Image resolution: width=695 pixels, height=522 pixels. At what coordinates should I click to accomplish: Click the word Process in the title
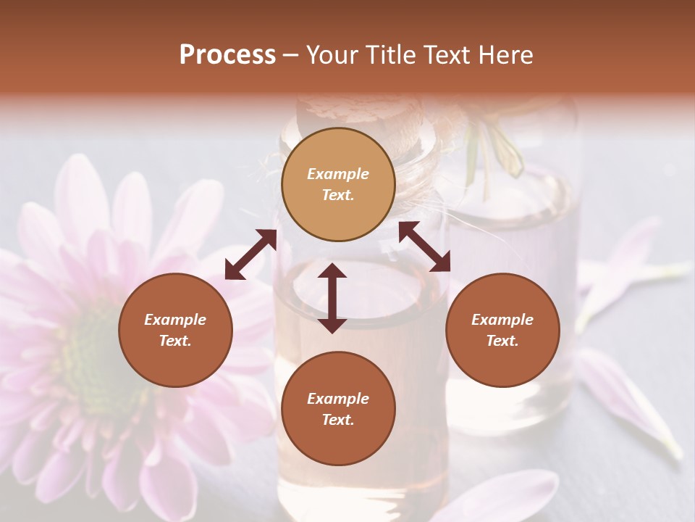click(227, 55)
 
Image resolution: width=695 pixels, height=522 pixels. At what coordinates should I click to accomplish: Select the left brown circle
click(175, 330)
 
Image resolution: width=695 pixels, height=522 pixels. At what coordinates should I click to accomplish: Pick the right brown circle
click(502, 330)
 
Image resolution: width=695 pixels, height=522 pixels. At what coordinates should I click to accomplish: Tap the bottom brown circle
click(338, 409)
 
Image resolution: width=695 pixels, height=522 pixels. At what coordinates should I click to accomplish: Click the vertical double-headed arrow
click(332, 298)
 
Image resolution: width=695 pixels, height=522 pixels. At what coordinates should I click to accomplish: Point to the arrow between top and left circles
click(250, 254)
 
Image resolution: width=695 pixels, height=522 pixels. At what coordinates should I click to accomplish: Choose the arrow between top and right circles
click(425, 246)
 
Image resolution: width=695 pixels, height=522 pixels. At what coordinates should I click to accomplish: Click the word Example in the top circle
click(338, 174)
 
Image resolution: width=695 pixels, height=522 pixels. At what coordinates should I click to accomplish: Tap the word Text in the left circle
click(175, 341)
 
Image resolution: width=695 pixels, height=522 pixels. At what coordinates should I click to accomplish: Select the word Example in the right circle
click(502, 320)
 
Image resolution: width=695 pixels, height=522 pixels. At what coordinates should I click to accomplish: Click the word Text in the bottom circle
click(338, 420)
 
